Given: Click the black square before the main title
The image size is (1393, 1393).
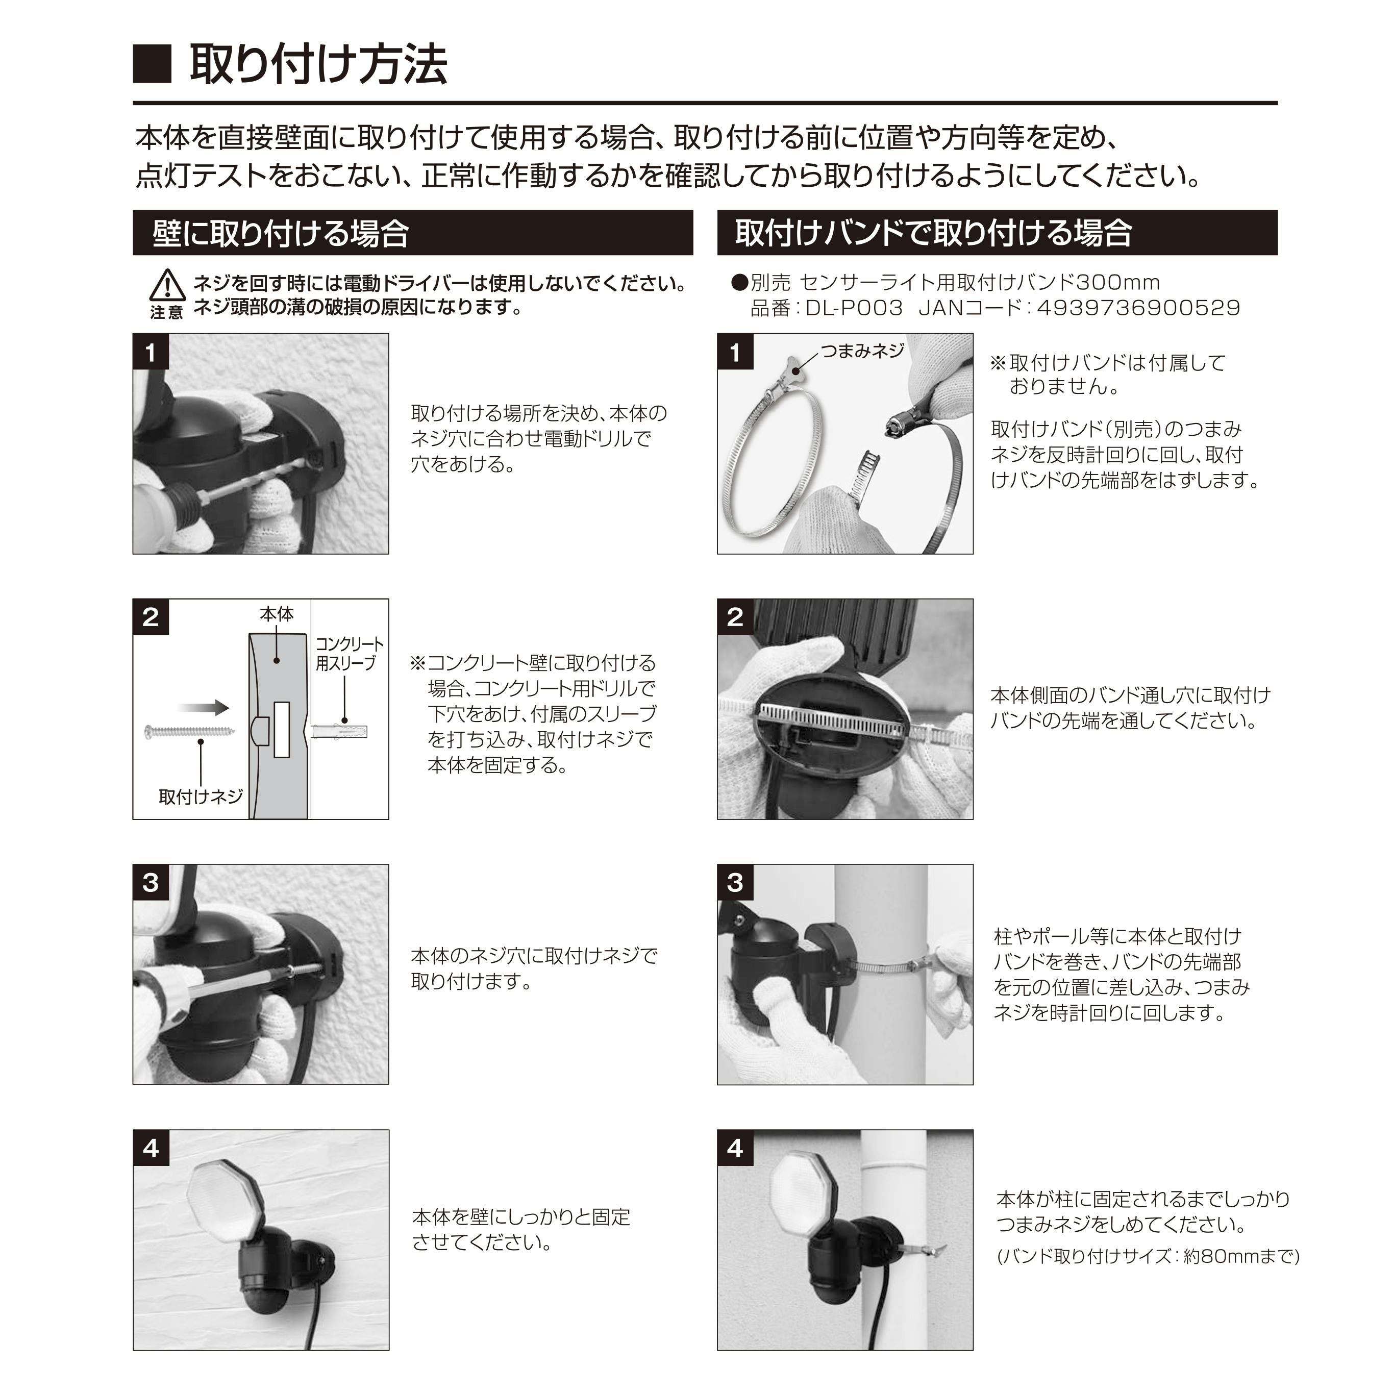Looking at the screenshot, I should [152, 65].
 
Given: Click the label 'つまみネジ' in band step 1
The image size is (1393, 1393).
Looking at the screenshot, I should [862, 351].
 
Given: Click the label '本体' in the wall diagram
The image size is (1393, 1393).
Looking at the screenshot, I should [277, 614].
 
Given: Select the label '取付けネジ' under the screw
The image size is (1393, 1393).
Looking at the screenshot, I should [201, 797].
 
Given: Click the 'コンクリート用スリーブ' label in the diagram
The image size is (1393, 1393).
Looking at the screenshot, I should [350, 653].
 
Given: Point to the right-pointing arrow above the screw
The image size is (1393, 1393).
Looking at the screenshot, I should [203, 707].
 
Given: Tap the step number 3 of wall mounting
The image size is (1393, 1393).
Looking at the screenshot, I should [150, 883].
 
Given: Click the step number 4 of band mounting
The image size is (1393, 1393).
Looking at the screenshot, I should [735, 1148].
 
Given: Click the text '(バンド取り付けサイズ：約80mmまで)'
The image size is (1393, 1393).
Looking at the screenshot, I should [1148, 1257].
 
